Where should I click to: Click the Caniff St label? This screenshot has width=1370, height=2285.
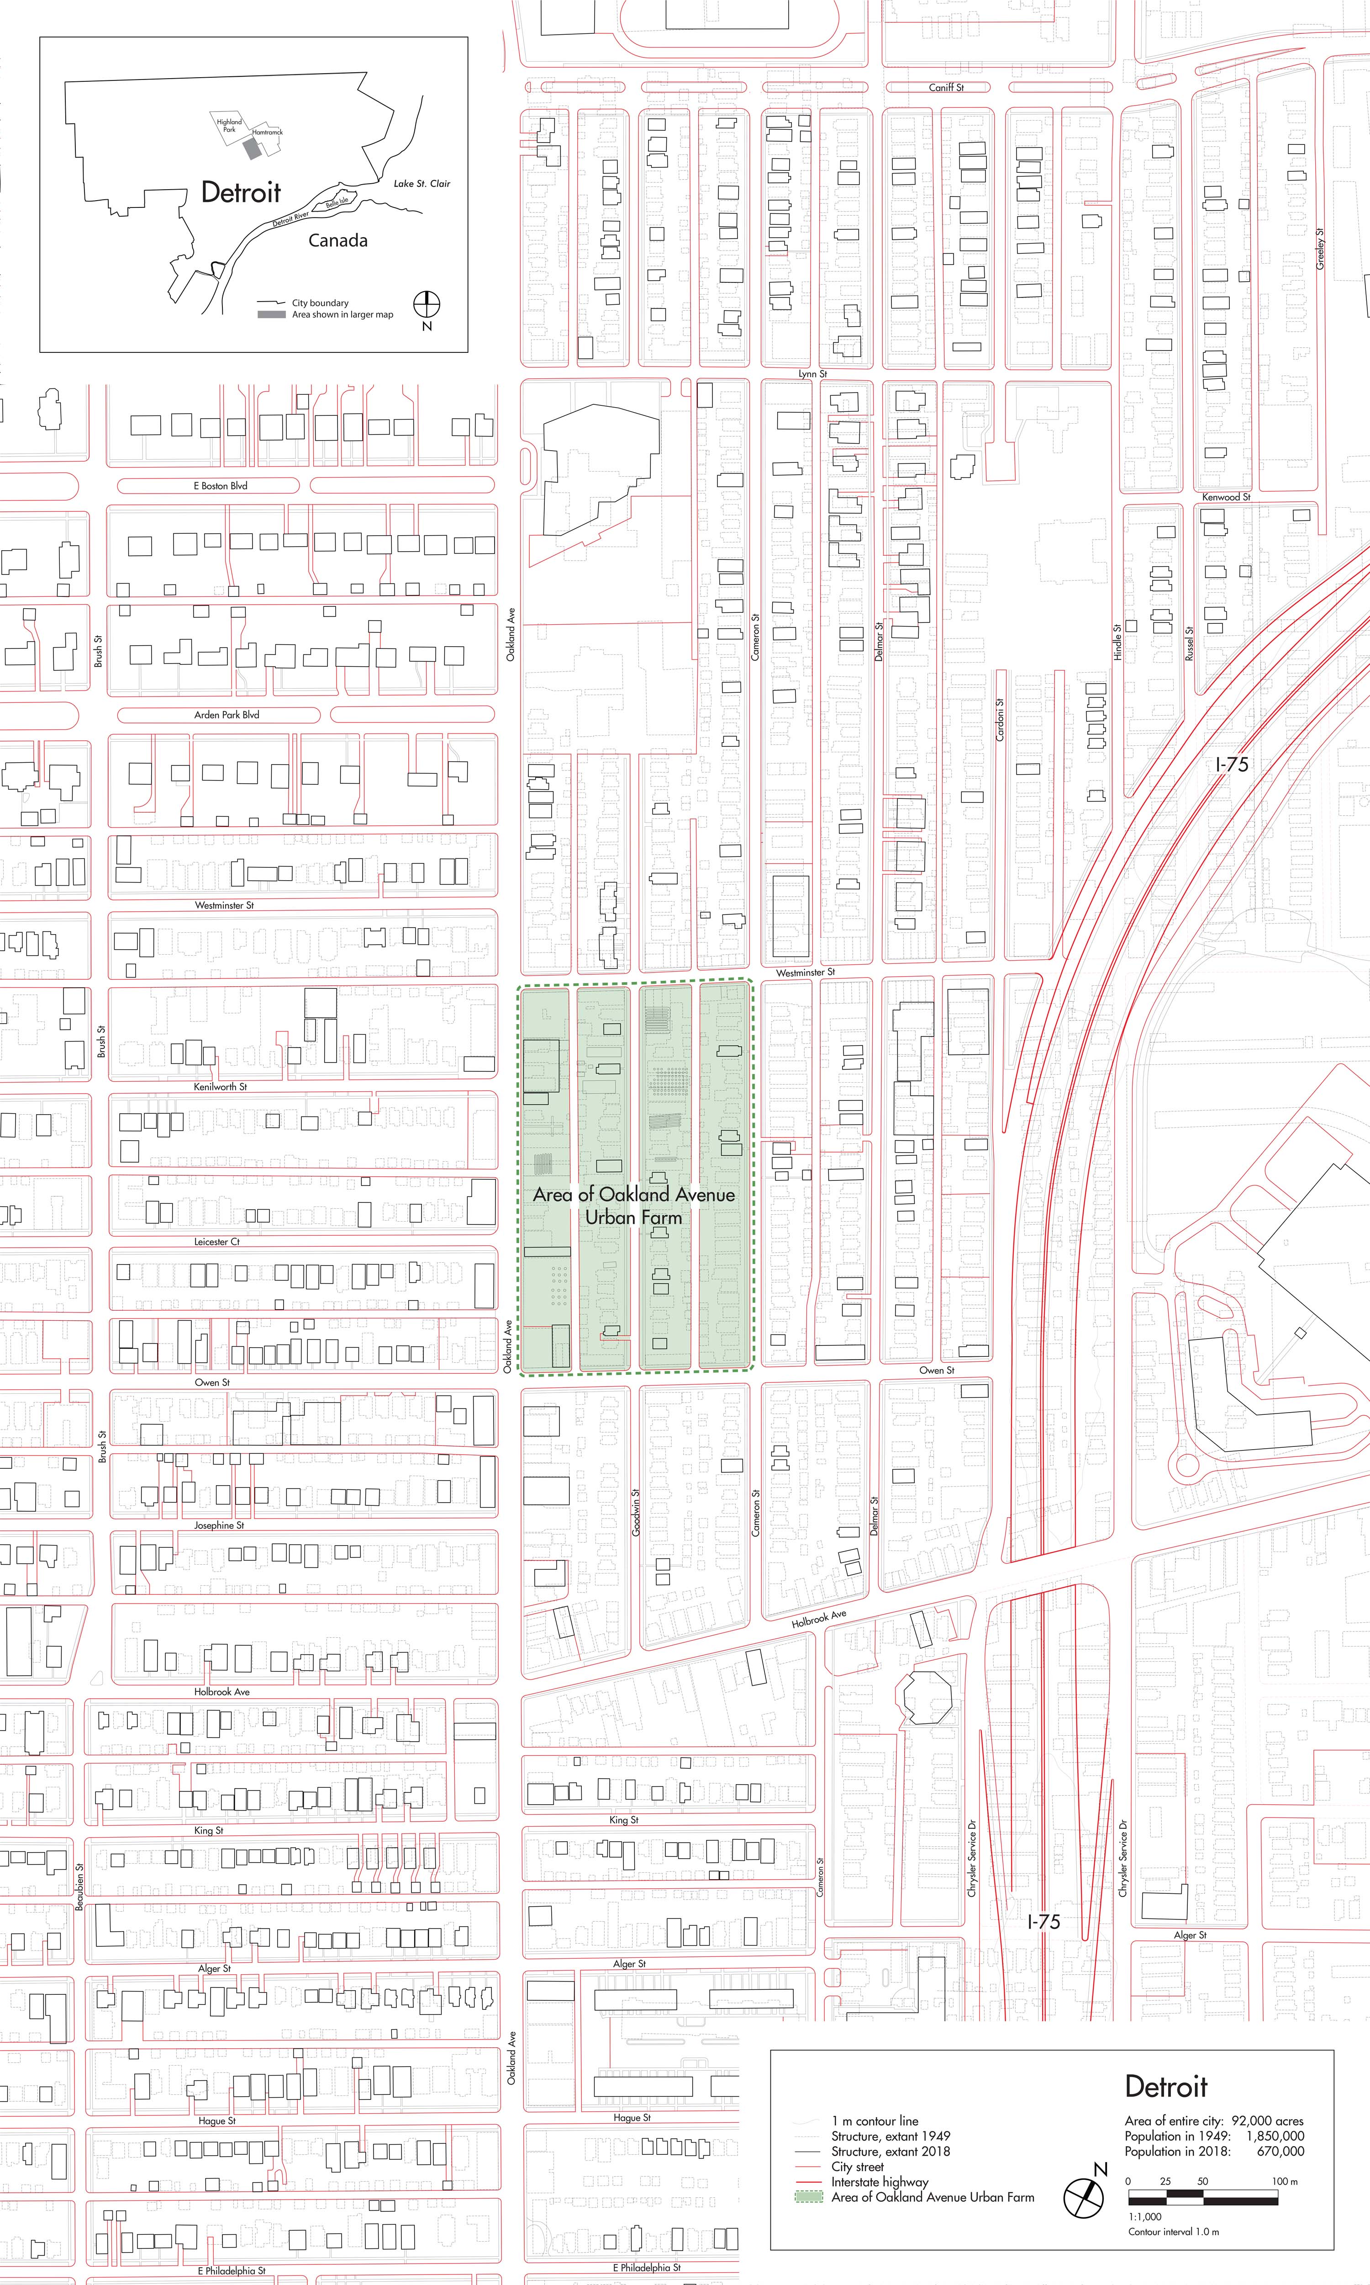(x=946, y=88)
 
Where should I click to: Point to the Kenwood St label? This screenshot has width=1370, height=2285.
(x=1226, y=497)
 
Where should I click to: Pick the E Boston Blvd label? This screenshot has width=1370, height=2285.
(x=221, y=486)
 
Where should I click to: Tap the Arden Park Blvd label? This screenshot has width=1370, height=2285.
(x=226, y=715)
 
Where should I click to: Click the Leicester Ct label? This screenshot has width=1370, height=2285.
(x=217, y=1241)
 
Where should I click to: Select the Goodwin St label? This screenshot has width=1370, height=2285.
(x=636, y=1512)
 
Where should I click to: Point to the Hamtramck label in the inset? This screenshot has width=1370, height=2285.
(x=268, y=132)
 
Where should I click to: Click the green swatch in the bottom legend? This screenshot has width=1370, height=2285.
(x=809, y=2197)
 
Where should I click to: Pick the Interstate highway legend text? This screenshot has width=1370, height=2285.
(x=880, y=2182)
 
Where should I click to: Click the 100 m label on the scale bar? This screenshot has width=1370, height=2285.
(x=1284, y=2181)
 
